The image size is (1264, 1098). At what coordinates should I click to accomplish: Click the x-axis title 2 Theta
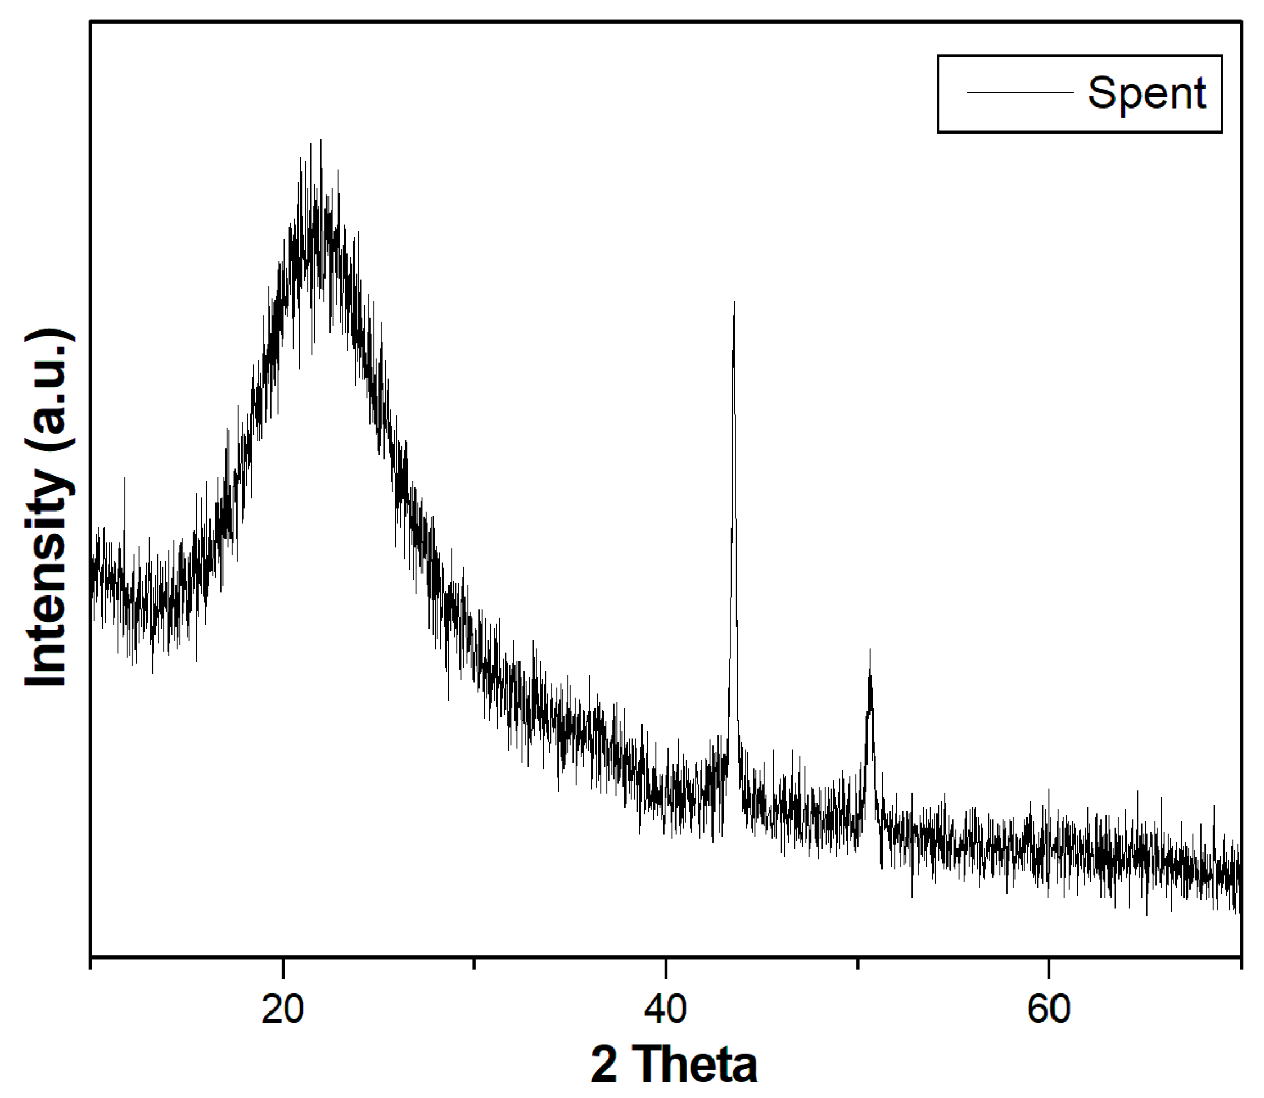click(674, 1065)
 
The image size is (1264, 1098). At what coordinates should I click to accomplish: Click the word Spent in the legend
click(1146, 94)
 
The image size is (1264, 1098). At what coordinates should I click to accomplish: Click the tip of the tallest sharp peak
click(734, 302)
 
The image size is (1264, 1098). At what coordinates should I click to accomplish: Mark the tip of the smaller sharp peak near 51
click(870, 650)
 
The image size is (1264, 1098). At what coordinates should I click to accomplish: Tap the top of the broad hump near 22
click(320, 141)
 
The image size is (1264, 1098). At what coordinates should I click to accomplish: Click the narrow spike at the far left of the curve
click(125, 478)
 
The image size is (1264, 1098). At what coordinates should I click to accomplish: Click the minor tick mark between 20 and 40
click(473, 963)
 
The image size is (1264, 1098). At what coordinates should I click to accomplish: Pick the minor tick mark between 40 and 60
click(857, 963)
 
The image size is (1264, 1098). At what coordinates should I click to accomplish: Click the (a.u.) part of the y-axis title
click(49, 387)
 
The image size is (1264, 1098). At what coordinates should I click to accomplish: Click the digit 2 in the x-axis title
click(604, 1065)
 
